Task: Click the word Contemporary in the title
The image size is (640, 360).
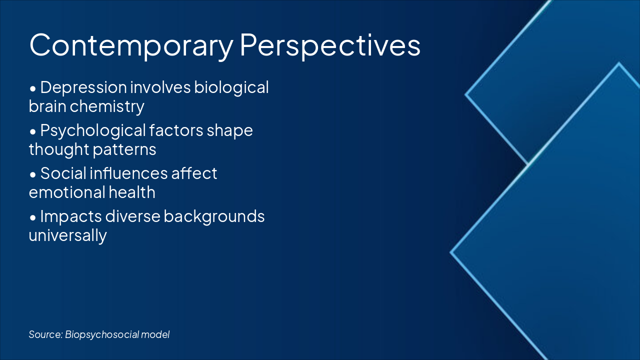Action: (131, 45)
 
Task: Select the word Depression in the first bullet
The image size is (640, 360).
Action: (83, 88)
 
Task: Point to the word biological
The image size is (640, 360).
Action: (231, 87)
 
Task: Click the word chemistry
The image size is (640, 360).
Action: (107, 107)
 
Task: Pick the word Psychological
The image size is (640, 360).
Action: (93, 131)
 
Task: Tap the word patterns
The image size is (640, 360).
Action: (124, 149)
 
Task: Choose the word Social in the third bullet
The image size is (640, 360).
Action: (63, 173)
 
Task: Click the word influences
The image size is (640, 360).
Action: (128, 173)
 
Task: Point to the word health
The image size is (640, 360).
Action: (131, 192)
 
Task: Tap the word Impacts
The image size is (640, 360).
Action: (71, 217)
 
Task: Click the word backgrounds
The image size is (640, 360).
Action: (214, 216)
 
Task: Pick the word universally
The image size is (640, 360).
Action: (67, 235)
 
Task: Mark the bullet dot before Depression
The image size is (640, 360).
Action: (33, 89)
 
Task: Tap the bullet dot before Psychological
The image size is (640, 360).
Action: (33, 132)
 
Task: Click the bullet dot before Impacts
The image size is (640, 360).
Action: (33, 218)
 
